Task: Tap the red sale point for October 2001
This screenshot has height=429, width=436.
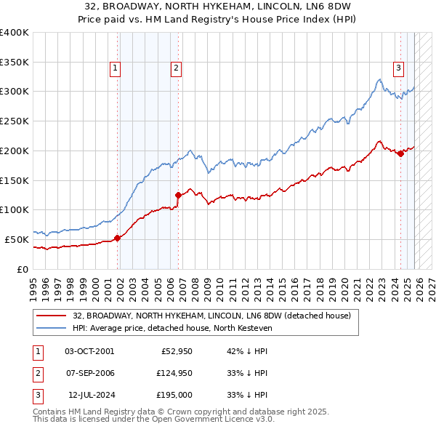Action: click(117, 237)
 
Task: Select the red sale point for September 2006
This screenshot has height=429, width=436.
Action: click(178, 194)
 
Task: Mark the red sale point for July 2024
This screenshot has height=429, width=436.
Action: click(400, 153)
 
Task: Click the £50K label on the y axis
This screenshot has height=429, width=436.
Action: click(17, 239)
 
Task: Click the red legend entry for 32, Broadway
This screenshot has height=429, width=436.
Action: click(211, 316)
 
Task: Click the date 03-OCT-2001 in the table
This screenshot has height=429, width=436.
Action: click(89, 350)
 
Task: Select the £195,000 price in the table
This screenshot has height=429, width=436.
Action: click(175, 395)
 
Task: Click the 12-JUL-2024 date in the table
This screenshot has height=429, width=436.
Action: click(89, 395)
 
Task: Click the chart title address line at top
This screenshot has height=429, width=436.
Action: click(218, 6)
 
